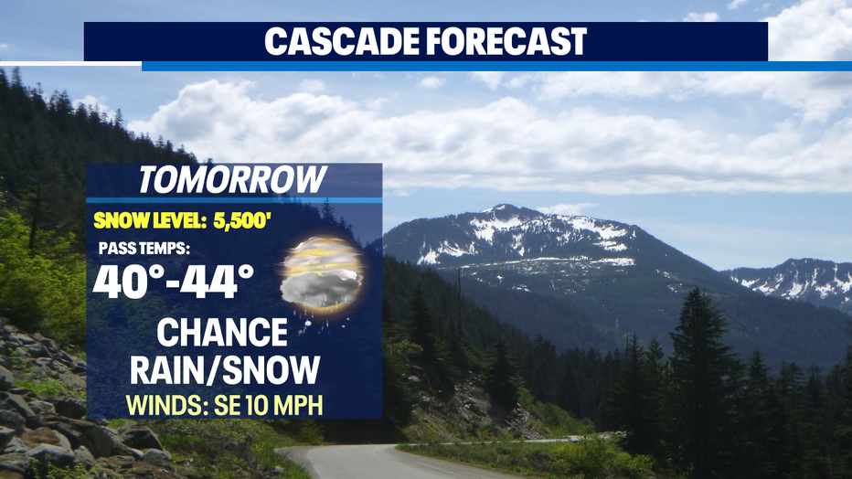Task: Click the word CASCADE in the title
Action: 341,41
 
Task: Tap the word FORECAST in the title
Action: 506,41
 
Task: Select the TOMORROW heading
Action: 232,180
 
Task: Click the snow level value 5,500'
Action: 242,220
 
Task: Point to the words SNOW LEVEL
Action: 150,220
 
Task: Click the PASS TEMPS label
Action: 144,249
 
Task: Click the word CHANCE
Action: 222,333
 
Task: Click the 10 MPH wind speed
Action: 284,405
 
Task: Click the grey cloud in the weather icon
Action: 321,287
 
